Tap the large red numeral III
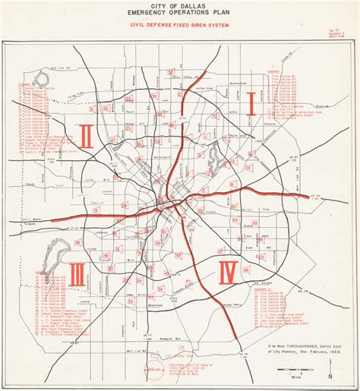point(77,274)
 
